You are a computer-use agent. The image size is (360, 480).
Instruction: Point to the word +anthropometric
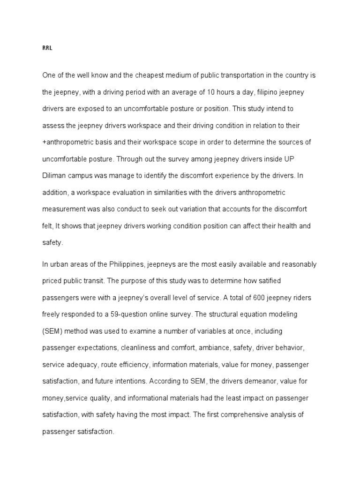pyautogui.click(x=70, y=142)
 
